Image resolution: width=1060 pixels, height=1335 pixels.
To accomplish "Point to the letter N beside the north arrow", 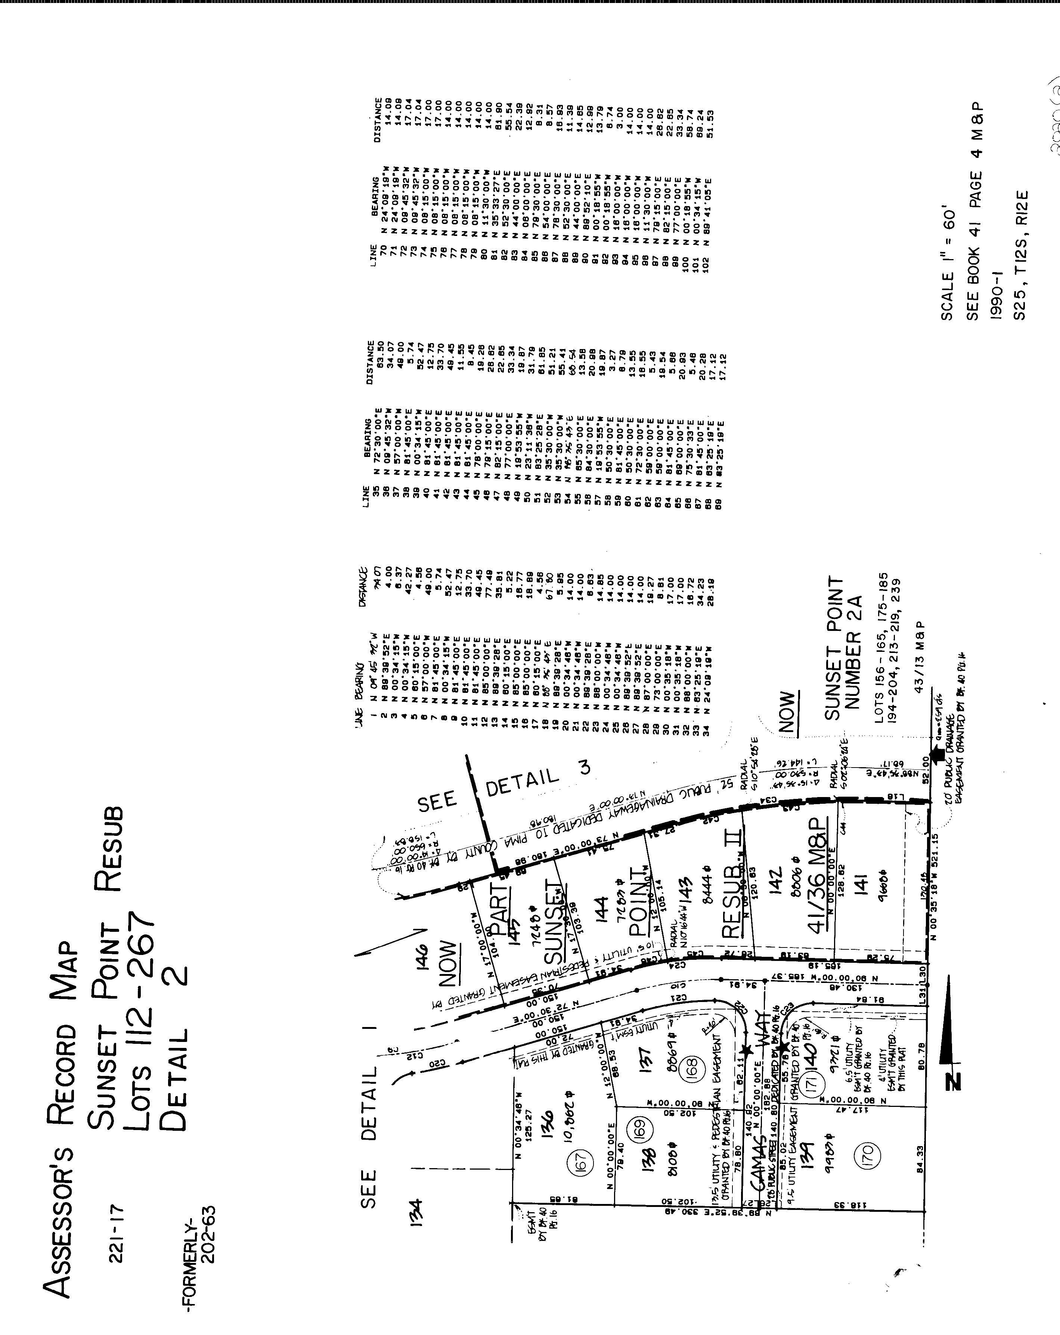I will click(x=954, y=1080).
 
